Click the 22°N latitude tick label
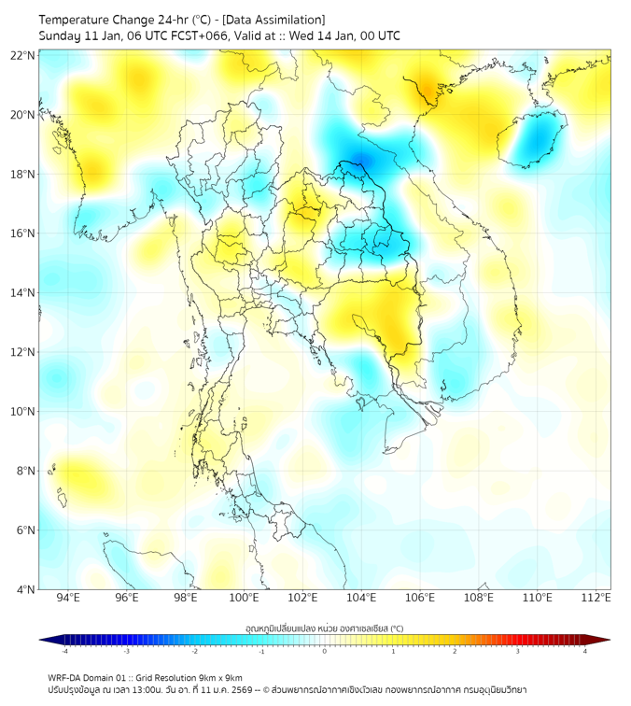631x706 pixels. click(x=23, y=55)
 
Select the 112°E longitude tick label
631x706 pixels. click(x=596, y=598)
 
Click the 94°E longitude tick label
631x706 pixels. click(x=68, y=598)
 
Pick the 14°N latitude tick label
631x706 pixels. click(x=23, y=293)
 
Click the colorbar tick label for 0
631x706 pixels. click(x=325, y=651)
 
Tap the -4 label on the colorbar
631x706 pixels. click(x=63, y=651)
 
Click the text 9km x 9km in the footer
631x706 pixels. click(x=220, y=677)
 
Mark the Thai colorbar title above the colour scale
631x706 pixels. click(x=324, y=628)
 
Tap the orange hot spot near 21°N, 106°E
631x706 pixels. click(x=428, y=90)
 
